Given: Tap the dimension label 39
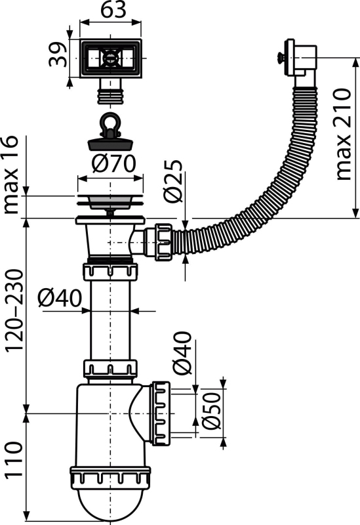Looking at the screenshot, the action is (x=58, y=54).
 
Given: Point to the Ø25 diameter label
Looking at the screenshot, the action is (x=174, y=181).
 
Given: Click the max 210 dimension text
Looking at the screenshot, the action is (x=344, y=135).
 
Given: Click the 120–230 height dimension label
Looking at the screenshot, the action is (x=14, y=310).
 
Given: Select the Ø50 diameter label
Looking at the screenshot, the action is (x=212, y=411).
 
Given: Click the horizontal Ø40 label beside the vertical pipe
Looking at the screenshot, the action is (x=60, y=298).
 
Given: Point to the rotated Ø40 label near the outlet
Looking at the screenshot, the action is (x=183, y=352).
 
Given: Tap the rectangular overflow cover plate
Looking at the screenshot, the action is (x=110, y=58).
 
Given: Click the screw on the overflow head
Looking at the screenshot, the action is (x=281, y=58).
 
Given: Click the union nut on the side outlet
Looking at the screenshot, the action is (x=161, y=413).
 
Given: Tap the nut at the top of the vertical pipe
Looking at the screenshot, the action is (x=110, y=272).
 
